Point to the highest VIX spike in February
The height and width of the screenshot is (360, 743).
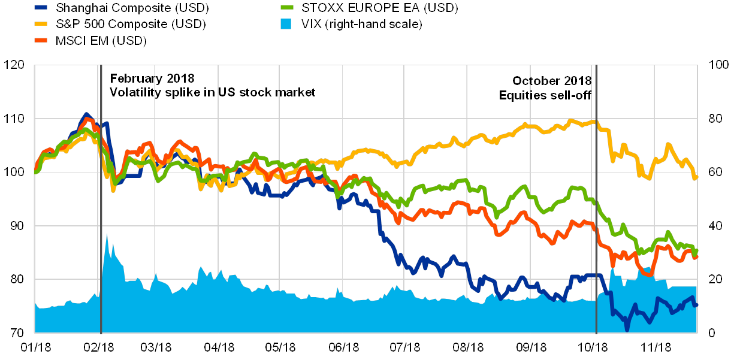tap(107, 234)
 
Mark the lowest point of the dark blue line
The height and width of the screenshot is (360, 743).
tap(627, 329)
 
